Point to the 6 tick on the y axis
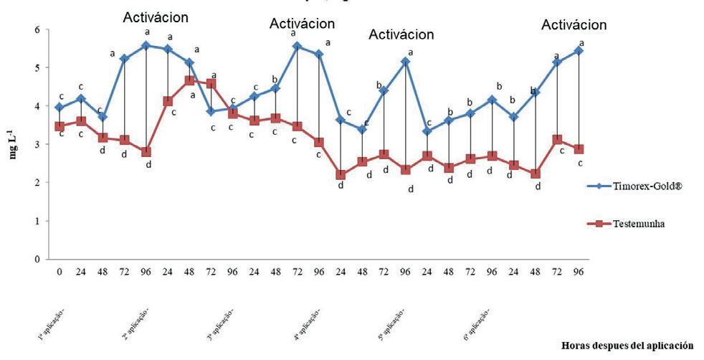coord(37,29)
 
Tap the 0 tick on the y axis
coord(37,260)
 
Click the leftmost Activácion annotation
coord(156,16)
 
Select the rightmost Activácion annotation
coord(574,24)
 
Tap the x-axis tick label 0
coord(60,271)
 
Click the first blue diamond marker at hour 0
coord(60,108)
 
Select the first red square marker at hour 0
coord(60,126)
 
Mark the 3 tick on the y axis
coord(37,144)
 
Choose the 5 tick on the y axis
coord(37,68)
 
